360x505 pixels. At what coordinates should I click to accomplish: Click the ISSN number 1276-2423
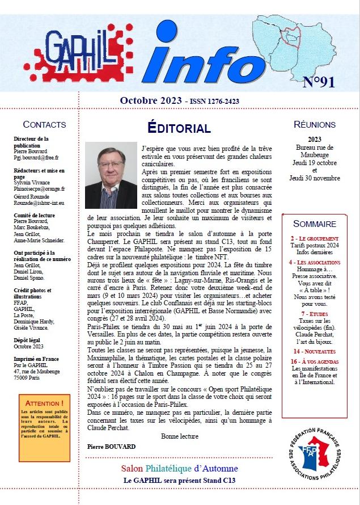click(218, 102)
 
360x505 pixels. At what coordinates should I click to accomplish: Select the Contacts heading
click(44, 124)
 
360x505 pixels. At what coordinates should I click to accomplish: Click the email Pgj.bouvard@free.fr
click(36, 157)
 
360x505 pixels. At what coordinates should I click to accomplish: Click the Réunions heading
click(315, 124)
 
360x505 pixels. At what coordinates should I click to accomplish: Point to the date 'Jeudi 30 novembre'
click(315, 178)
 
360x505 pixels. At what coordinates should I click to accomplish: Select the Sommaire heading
click(315, 224)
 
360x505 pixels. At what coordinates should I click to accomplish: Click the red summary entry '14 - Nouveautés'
click(315, 352)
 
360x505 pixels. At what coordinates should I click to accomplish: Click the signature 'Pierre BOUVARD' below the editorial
click(112, 447)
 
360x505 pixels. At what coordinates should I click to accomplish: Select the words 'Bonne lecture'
click(180, 436)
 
